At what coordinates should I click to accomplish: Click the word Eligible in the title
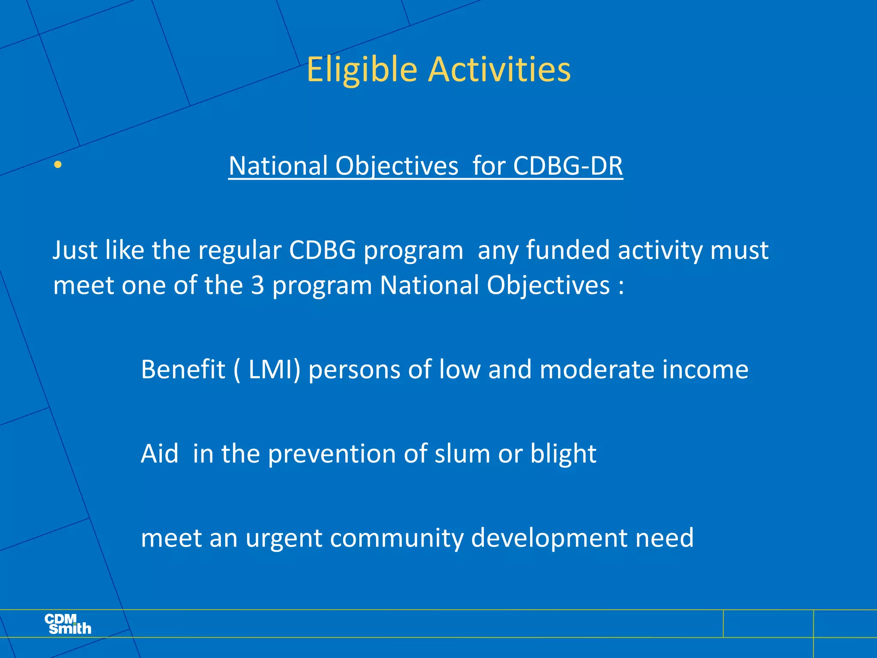point(362,69)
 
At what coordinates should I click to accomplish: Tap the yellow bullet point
point(58,164)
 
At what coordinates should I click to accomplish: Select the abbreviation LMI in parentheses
point(274,369)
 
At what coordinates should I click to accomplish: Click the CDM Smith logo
point(68,624)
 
